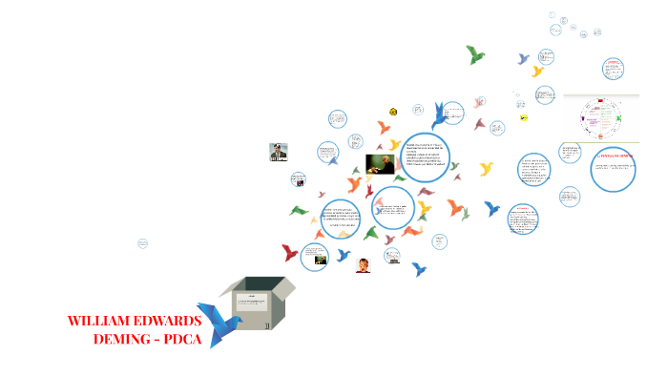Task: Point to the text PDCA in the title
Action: tap(183, 340)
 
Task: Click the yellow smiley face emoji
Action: tap(393, 112)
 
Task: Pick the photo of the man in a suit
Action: tap(279, 154)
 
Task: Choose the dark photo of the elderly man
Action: tap(381, 164)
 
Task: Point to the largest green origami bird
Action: tap(475, 54)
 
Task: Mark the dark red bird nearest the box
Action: tap(290, 253)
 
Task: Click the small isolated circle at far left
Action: tap(142, 243)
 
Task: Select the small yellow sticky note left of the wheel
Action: tap(524, 117)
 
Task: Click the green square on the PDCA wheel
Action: tap(618, 119)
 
